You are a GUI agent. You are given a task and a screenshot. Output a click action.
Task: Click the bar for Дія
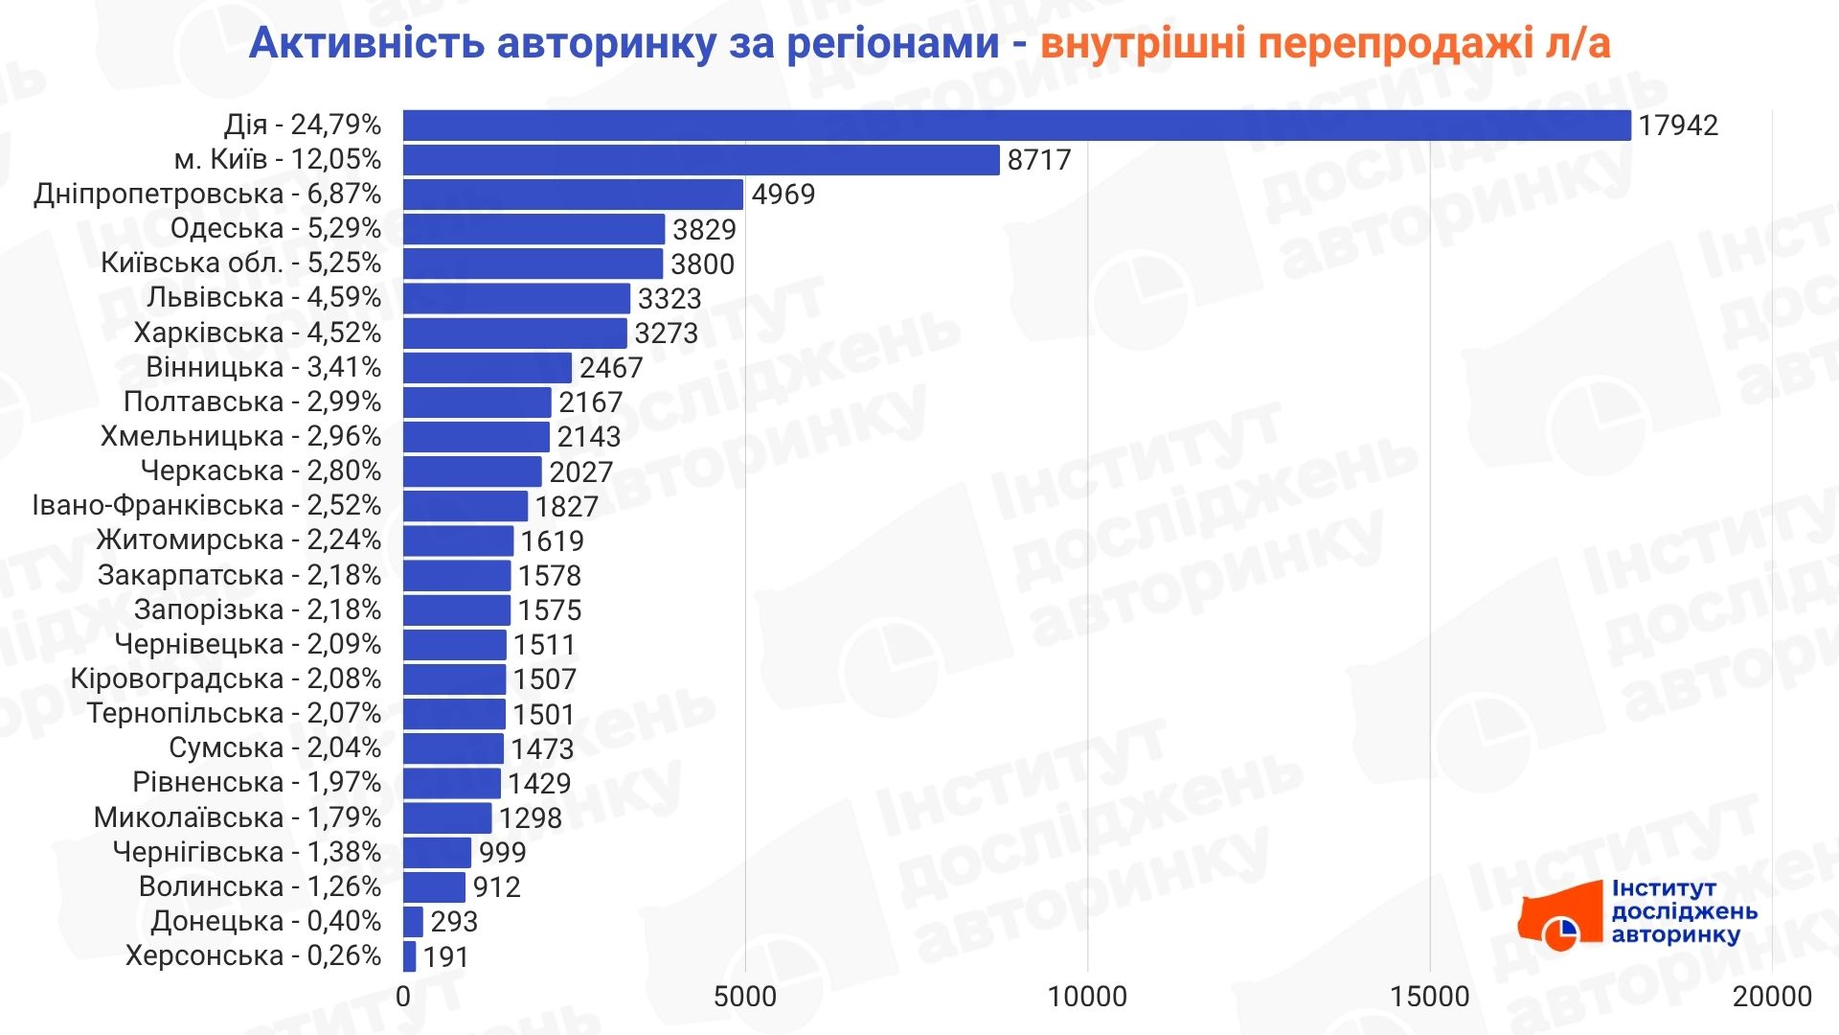click(x=1016, y=126)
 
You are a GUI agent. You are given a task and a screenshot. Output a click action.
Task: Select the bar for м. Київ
click(x=701, y=160)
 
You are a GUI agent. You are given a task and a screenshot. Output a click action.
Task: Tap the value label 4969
click(x=783, y=195)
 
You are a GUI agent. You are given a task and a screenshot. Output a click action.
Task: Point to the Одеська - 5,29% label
click(x=275, y=229)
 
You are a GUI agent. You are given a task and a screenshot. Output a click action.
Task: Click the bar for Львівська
click(x=516, y=299)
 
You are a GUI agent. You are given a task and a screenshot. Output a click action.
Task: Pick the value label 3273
click(x=666, y=333)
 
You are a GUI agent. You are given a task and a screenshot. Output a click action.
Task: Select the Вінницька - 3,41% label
click(x=263, y=368)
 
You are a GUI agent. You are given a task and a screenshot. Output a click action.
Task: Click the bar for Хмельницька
click(x=476, y=437)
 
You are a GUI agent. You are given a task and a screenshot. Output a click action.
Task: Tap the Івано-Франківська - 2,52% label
click(x=207, y=506)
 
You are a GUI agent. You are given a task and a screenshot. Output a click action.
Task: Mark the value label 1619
click(x=552, y=541)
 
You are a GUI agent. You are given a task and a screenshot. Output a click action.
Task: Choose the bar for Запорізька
click(x=457, y=610)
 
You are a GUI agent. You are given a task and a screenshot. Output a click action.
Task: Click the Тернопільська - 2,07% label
click(x=234, y=714)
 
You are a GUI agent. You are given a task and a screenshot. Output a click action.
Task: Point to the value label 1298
click(x=530, y=818)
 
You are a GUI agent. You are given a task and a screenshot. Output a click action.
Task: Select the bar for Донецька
click(x=413, y=922)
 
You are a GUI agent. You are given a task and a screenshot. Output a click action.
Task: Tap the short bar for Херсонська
click(x=410, y=956)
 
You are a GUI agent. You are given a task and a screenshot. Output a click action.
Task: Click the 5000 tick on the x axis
click(x=745, y=997)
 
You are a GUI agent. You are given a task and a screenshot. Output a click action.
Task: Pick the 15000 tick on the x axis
click(x=1429, y=997)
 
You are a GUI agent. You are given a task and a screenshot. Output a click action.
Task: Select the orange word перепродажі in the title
click(x=1394, y=44)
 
